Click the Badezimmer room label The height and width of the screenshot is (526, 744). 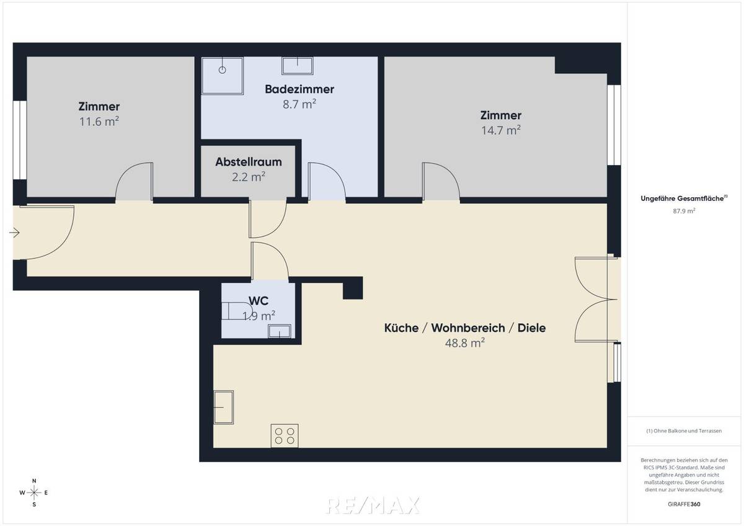(299, 89)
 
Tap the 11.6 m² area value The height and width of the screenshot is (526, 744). (99, 122)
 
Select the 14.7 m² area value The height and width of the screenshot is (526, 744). (501, 130)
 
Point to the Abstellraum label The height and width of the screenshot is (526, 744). (249, 162)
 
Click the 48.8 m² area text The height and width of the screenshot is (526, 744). (465, 342)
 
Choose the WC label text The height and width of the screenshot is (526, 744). (259, 301)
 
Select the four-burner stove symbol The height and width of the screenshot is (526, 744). (285, 435)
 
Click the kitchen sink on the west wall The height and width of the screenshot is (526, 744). (223, 406)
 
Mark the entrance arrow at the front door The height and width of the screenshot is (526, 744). (15, 233)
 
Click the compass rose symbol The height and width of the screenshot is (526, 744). (34, 493)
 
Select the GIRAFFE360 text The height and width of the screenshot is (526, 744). (685, 504)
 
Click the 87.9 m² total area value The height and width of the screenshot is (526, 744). (685, 211)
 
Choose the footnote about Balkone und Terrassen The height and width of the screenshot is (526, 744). (685, 430)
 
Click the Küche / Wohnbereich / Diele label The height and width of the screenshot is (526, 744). (465, 328)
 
